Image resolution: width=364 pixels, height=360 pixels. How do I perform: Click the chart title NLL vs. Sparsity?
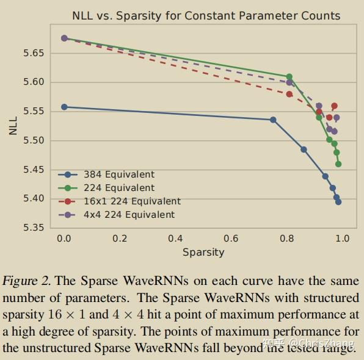(206, 16)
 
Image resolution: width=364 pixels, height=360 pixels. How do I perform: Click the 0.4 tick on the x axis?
(175, 239)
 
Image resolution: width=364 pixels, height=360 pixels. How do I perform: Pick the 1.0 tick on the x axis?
(342, 239)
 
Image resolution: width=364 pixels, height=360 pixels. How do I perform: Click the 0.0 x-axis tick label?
(64, 239)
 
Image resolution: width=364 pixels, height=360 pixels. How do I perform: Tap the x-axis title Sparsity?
(203, 252)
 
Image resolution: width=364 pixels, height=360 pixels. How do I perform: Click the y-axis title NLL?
(13, 124)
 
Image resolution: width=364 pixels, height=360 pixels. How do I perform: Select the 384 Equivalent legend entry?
(118, 175)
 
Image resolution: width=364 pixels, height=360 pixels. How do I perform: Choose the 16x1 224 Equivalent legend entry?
(132, 201)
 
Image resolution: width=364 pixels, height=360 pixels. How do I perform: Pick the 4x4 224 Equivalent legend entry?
(129, 215)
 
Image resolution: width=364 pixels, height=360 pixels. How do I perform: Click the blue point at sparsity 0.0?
(64, 107)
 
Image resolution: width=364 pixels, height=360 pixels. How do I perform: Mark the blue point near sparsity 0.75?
(273, 120)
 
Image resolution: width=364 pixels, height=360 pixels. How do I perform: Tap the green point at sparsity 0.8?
(289, 77)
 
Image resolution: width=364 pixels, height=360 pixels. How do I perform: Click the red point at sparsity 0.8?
(289, 94)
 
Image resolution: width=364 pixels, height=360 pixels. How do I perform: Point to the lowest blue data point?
(338, 202)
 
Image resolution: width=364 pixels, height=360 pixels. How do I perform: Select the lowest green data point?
(338, 164)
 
